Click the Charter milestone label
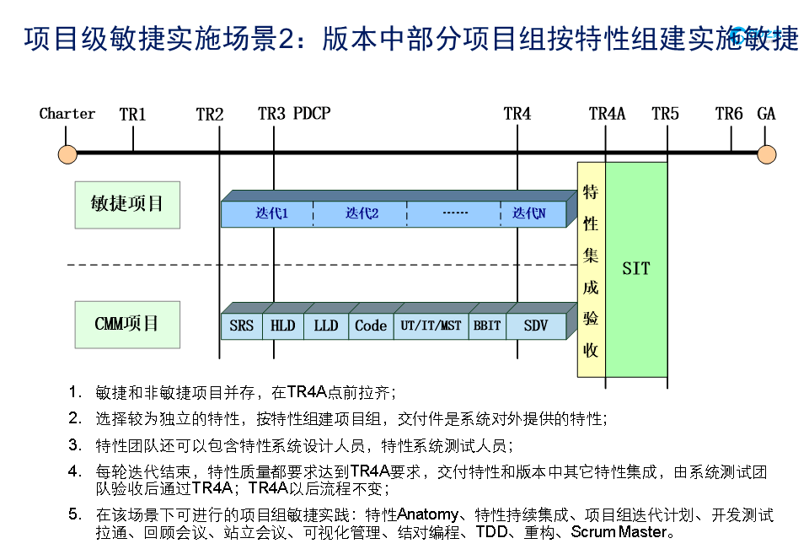tap(67, 114)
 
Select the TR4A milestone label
tap(607, 114)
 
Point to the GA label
tap(766, 114)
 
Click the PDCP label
tap(312, 114)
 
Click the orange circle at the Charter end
tap(67, 154)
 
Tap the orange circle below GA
tap(766, 154)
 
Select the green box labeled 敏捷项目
tap(127, 203)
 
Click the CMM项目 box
tap(127, 324)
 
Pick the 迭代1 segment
tap(271, 214)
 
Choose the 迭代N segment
tap(529, 214)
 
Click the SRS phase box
tap(241, 326)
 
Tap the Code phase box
tap(371, 326)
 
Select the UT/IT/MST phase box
tap(431, 326)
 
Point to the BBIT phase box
tap(487, 326)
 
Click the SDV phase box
tap(536, 326)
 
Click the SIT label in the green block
tap(636, 269)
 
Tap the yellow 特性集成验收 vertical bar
tap(591, 269)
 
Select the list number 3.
tap(75, 444)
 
